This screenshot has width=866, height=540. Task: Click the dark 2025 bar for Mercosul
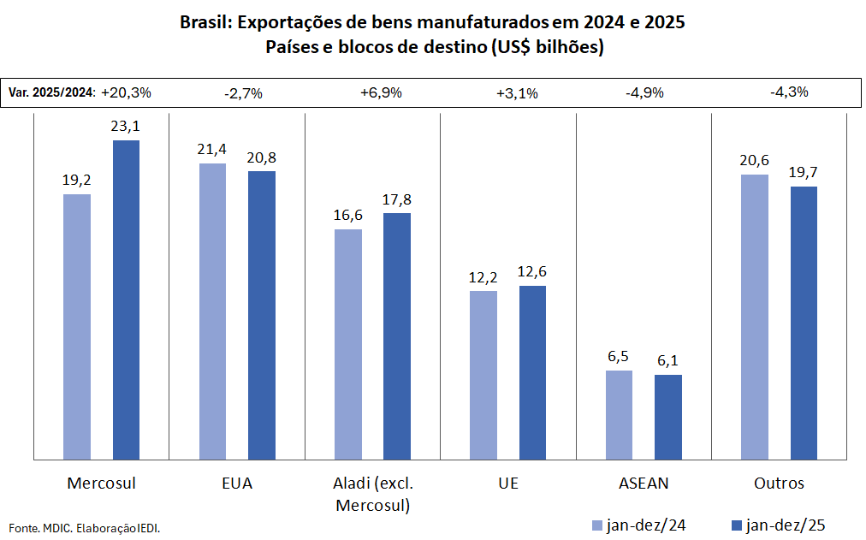click(126, 300)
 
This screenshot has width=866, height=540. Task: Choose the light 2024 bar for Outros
click(755, 317)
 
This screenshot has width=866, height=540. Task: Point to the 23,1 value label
click(126, 127)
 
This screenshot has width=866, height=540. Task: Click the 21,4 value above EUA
click(213, 150)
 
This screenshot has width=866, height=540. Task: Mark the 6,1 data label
click(668, 361)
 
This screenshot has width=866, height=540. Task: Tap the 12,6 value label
click(532, 272)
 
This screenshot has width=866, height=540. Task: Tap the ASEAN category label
click(644, 484)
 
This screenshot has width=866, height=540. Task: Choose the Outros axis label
click(779, 484)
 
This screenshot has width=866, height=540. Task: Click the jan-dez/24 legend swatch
click(597, 525)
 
